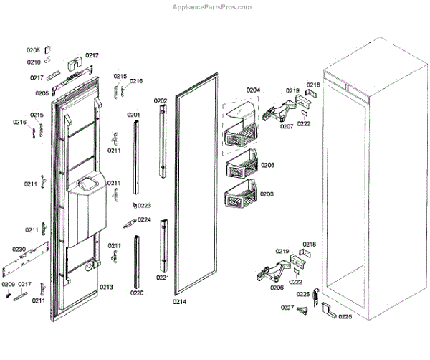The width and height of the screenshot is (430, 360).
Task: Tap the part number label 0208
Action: point(33,51)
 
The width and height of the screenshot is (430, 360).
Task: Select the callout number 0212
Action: point(92,55)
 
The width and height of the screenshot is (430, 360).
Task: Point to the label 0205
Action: point(42,93)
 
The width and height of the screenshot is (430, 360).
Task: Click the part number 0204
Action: point(253,90)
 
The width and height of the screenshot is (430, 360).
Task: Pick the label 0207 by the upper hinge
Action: point(286,127)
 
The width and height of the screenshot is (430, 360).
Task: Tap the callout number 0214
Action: point(179,302)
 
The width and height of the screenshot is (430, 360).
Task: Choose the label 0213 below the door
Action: point(106,288)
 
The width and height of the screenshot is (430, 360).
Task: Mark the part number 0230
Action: point(19,249)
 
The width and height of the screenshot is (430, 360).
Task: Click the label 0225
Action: point(345,316)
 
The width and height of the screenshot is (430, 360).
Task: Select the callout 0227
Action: point(287,308)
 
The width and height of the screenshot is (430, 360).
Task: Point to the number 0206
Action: point(277,288)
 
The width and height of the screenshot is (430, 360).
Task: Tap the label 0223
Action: point(144,206)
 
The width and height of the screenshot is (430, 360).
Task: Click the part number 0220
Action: point(136,293)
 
